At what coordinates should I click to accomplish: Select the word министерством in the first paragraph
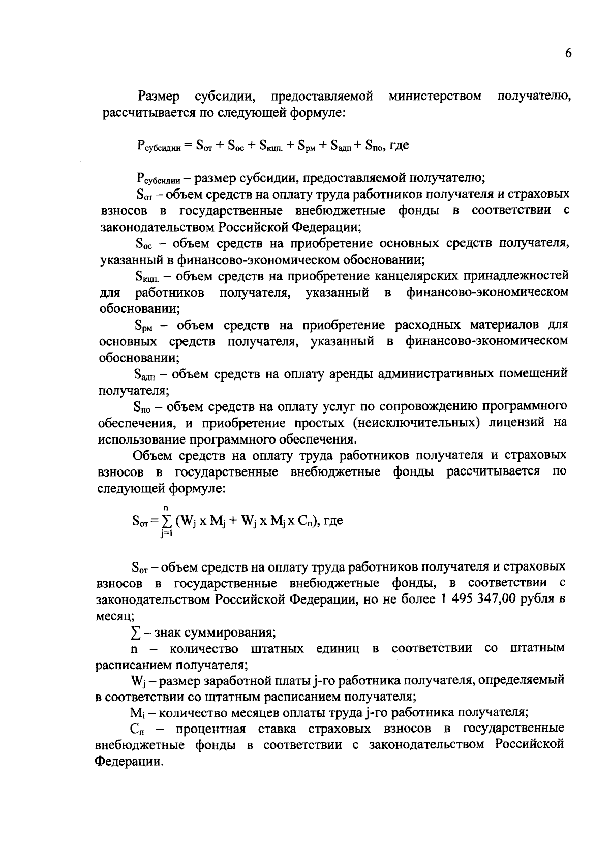(x=435, y=96)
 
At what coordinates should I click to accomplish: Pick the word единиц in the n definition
(x=337, y=649)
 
